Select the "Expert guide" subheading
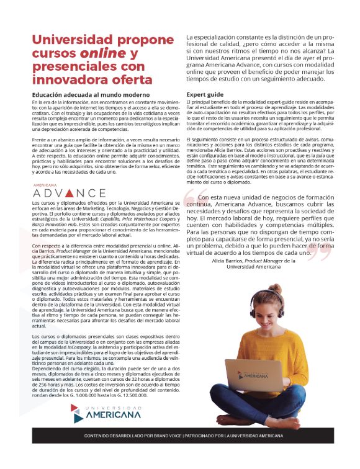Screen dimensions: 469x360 pos(205,95)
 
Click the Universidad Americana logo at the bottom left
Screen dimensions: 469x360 pos(106,413)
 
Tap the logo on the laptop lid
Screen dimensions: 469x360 pos(243,375)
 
